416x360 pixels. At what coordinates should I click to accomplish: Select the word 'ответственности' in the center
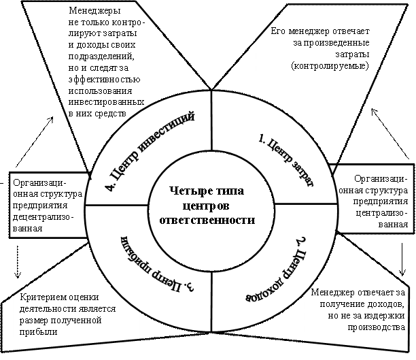coord(207,220)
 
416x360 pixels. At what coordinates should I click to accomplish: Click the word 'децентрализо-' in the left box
coord(41,217)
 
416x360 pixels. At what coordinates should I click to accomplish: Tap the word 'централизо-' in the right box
coord(380,213)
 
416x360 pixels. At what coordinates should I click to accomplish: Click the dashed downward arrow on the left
coord(18,261)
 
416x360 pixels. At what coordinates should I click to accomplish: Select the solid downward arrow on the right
coord(402,259)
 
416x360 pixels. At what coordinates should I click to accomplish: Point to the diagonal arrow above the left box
coord(35,142)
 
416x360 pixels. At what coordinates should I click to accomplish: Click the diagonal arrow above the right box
coord(390,133)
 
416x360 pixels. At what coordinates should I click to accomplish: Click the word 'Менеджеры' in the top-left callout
coord(94,11)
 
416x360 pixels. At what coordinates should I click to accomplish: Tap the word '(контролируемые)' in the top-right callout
coord(330,65)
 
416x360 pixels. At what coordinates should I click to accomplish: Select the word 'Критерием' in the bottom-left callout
coord(40,297)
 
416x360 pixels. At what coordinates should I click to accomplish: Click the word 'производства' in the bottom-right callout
coord(376,327)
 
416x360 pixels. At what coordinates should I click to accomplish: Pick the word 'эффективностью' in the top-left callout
coord(104,80)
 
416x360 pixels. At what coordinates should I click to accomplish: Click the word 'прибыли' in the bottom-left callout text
coord(38,332)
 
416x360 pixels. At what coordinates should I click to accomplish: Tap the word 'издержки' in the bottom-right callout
coord(384,315)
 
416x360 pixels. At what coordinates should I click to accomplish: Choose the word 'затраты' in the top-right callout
coord(352,54)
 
